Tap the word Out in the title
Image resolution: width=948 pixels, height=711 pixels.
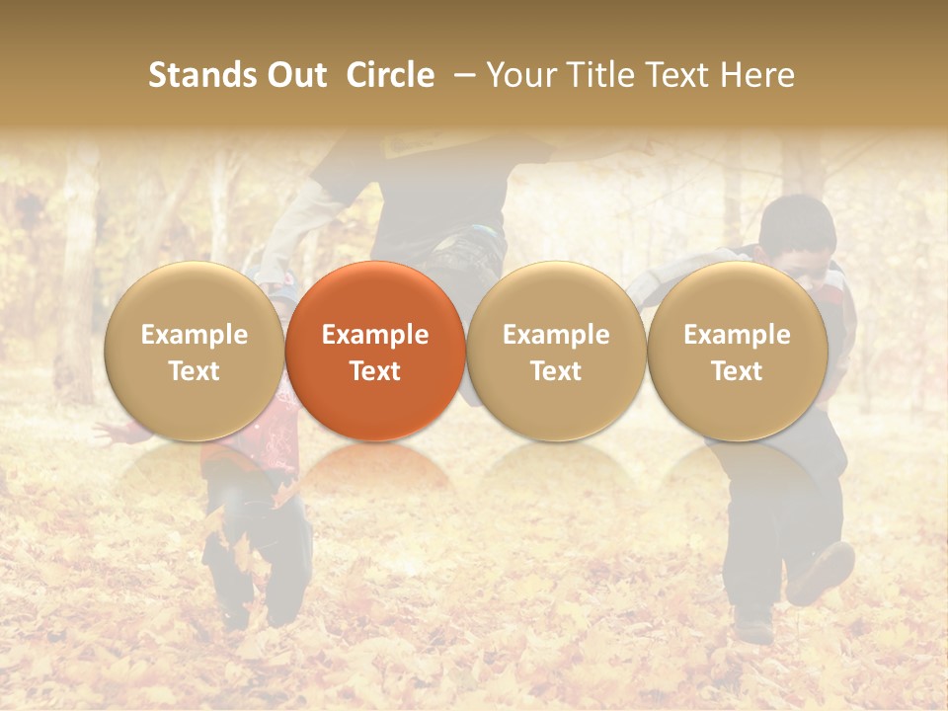[x=294, y=75]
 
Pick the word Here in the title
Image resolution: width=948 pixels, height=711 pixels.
[x=758, y=75]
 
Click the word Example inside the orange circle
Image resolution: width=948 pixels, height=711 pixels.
[x=375, y=335]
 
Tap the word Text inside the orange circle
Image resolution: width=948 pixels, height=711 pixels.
[x=375, y=371]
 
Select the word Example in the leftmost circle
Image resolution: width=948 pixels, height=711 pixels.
[x=194, y=335]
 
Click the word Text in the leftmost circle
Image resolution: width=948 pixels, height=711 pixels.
[x=194, y=371]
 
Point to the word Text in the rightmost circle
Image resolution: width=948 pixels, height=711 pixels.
[x=738, y=371]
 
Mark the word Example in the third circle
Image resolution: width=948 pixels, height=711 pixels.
[x=556, y=335]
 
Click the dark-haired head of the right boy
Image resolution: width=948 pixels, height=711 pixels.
[x=798, y=225]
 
